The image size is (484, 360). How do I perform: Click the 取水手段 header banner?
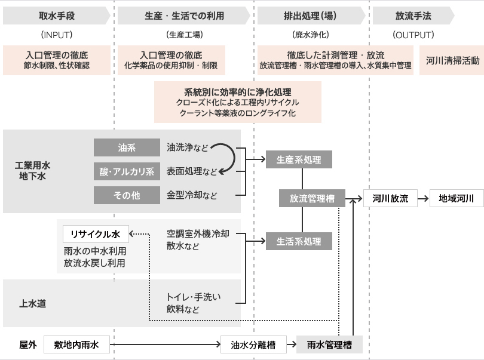pos(56,16)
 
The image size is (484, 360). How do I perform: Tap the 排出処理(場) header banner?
pos(310,16)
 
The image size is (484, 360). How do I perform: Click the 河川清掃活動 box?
pos(452,60)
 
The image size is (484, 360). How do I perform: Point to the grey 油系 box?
pos(126,147)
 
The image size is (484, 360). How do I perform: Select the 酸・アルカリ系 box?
pos(126,171)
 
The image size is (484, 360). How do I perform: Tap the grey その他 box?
pos(126,195)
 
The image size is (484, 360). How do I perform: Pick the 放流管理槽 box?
pos(312,199)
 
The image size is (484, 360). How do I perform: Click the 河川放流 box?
pos(390,199)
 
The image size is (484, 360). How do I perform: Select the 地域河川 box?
pos(457,199)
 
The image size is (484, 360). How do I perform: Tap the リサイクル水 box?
pos(96,233)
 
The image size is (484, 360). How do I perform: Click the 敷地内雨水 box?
pos(76,344)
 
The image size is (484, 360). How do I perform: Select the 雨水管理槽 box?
pos(329,344)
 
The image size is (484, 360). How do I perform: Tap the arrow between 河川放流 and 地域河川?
pos(423,199)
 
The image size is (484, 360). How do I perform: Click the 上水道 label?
pos(33,303)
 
